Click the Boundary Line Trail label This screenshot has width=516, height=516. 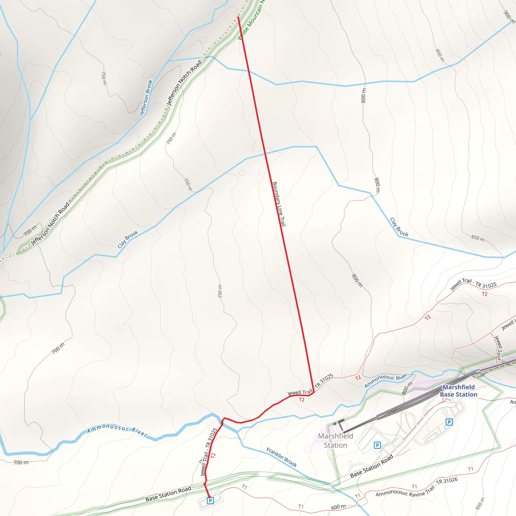279,204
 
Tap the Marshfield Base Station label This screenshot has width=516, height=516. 458,391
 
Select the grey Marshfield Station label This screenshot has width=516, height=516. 335,440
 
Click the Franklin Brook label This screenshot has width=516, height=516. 281,458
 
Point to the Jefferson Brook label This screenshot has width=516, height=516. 146,98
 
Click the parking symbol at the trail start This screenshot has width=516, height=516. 210,500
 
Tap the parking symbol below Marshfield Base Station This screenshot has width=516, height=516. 449,422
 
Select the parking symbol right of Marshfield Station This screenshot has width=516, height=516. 377,445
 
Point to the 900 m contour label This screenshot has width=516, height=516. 508,17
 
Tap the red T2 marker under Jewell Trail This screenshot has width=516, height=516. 302,400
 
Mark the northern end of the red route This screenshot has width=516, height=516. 238,17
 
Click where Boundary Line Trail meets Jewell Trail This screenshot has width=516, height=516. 313,392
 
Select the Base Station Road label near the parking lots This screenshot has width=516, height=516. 372,466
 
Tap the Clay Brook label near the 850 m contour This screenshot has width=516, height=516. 399,227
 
